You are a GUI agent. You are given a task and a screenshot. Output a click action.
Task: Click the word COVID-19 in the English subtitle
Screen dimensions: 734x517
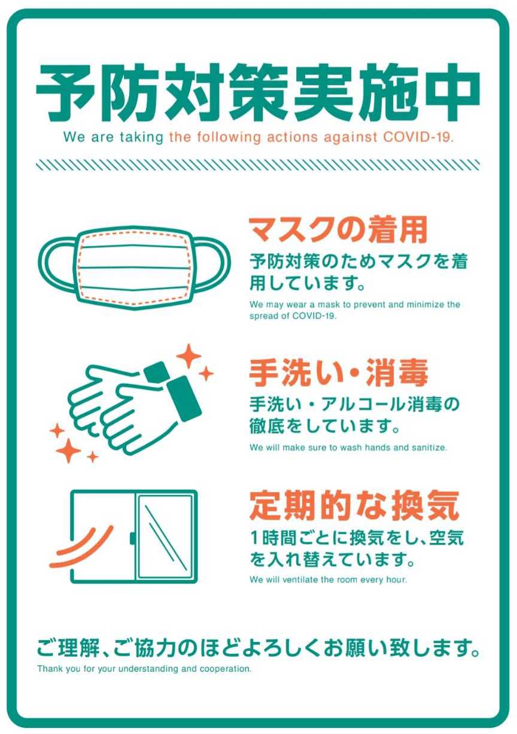coord(415,137)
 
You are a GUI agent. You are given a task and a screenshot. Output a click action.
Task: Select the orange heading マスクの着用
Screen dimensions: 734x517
coord(338,229)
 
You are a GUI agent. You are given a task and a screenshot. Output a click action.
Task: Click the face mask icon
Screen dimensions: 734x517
coord(135,267)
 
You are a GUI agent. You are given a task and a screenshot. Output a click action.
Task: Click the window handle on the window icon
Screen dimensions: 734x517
coord(133,537)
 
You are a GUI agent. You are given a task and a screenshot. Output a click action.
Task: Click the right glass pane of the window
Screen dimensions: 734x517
coord(165,536)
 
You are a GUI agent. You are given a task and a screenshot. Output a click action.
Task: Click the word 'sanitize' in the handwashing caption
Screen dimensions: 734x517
coord(428,447)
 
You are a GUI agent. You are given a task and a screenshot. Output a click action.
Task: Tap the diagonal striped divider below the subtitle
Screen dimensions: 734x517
coord(258,164)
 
